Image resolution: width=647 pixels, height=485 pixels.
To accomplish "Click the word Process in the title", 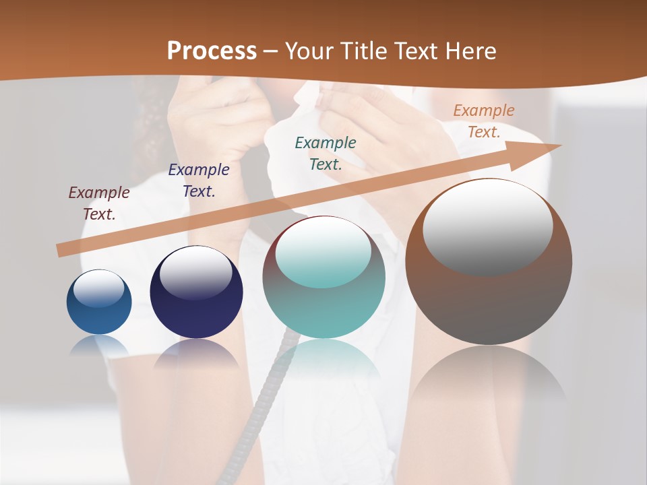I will pyautogui.click(x=212, y=51).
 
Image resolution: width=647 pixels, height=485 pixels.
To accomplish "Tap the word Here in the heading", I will pyautogui.click(x=470, y=51).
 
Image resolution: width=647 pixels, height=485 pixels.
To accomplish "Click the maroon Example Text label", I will pyautogui.click(x=99, y=203).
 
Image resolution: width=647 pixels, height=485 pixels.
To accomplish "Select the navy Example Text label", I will pyautogui.click(x=199, y=181).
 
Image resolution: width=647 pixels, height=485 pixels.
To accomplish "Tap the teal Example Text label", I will pyautogui.click(x=326, y=153).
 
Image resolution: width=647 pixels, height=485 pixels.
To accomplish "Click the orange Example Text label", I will pyautogui.click(x=483, y=121).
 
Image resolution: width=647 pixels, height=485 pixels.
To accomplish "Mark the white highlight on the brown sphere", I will pyautogui.click(x=488, y=226).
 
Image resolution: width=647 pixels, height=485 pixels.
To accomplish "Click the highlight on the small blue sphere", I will pyautogui.click(x=99, y=288).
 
